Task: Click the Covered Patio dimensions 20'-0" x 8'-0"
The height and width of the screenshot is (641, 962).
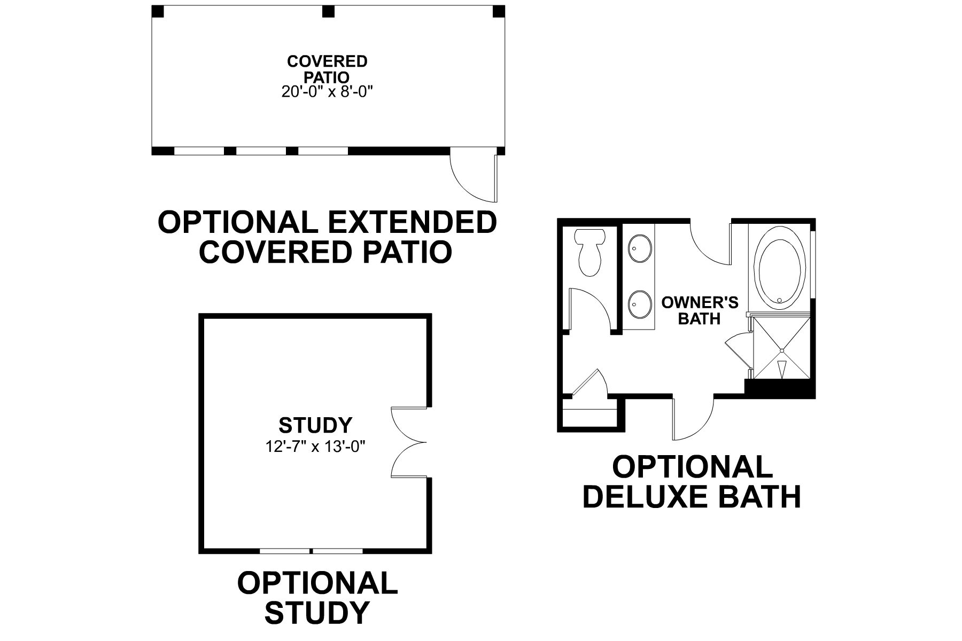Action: coord(327,92)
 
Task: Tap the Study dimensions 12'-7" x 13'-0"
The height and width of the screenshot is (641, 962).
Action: coord(315,446)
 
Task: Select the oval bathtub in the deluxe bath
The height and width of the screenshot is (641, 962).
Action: coord(779,272)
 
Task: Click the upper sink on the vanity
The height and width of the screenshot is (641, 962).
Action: coord(639,248)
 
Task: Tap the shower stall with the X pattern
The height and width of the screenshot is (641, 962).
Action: coord(781,350)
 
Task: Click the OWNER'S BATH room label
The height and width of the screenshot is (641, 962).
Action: coord(700,310)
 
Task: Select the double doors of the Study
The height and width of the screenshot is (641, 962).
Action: coord(407,442)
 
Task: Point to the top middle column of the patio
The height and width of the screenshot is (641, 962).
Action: coord(328,11)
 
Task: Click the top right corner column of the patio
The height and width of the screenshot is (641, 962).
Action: coord(498,11)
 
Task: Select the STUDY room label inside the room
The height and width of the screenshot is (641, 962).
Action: coord(315,426)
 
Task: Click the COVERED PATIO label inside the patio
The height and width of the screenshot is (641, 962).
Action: coord(327,69)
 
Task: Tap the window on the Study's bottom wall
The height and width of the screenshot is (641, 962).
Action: coord(311,551)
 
